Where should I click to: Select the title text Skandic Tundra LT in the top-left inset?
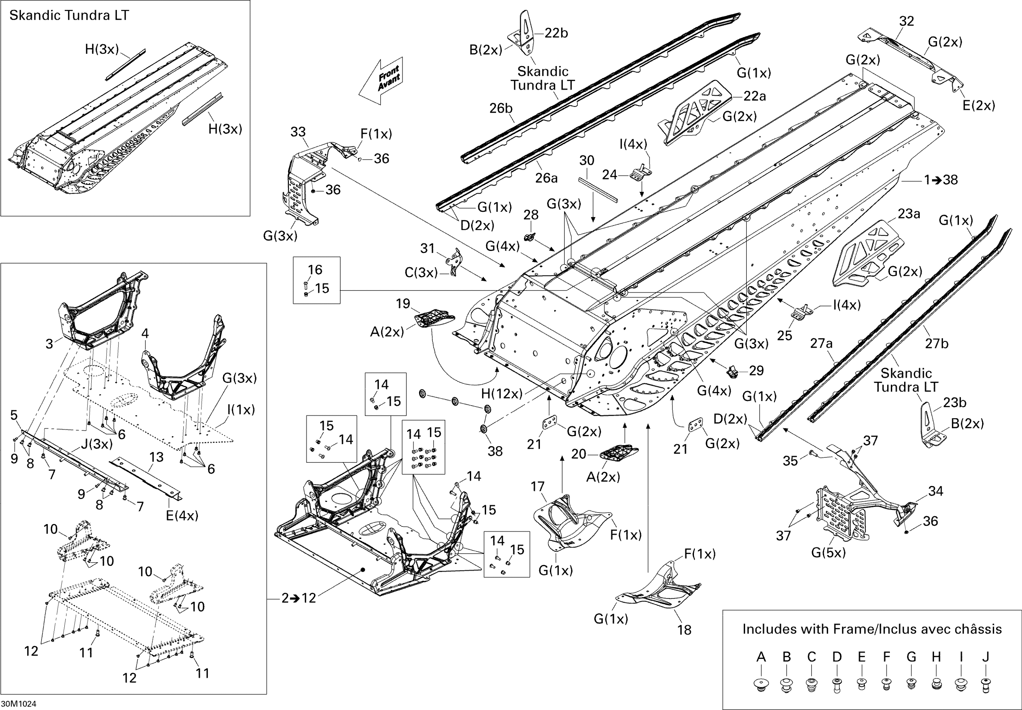coord(69,16)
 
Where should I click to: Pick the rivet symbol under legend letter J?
coord(986,684)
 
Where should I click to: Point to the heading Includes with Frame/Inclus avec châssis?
coord(872,629)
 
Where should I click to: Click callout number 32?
coord(906,21)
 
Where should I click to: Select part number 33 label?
coord(298,132)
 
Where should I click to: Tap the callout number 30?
coord(586,161)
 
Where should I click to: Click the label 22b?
coord(556,33)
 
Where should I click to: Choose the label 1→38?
coord(941,180)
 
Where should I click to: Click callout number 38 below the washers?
coord(495,451)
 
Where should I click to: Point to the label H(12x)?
coord(501,394)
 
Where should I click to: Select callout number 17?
coord(538,487)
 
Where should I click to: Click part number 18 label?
coord(684,630)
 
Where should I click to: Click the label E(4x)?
coord(182,516)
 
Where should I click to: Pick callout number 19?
coord(403,304)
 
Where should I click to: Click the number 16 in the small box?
coord(315,270)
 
